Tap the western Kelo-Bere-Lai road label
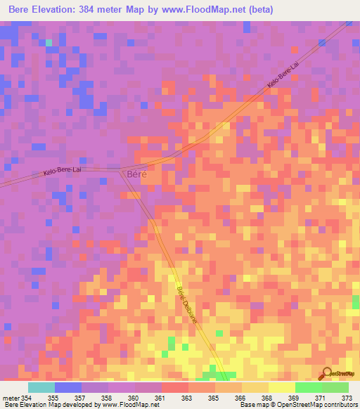click(x=63, y=171)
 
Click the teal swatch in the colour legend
click(x=41, y=387)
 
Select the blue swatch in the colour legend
click(x=68, y=387)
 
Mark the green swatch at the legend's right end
click(x=335, y=387)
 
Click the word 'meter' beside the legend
click(x=11, y=398)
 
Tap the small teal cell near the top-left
click(x=49, y=43)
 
